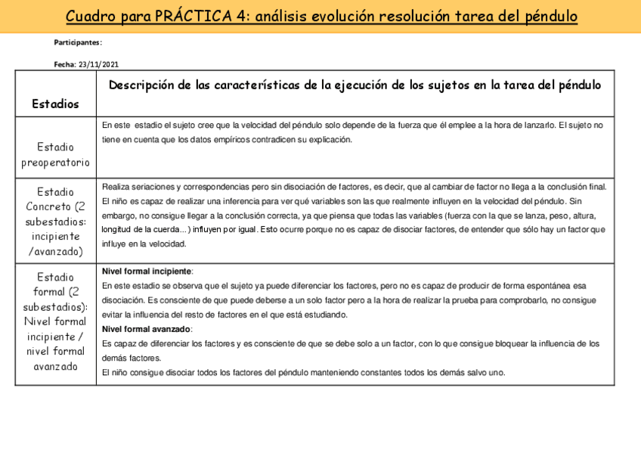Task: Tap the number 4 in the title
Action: pos(246,16)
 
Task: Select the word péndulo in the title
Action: pos(550,16)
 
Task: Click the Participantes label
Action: pos(78,42)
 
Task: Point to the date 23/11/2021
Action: pos(98,65)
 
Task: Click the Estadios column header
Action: pos(55,104)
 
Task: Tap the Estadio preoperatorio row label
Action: pos(55,154)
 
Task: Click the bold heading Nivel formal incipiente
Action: pos(147,271)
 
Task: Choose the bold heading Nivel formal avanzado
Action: pos(147,329)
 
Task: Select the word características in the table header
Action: pos(253,85)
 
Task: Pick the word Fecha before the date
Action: pos(64,65)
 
